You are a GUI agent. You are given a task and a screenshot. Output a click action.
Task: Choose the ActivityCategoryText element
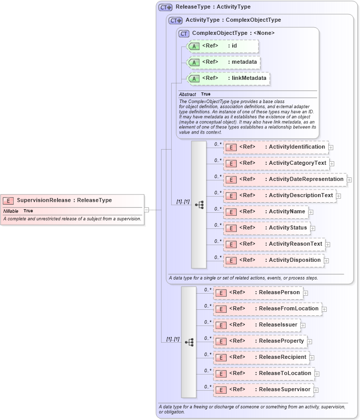276,163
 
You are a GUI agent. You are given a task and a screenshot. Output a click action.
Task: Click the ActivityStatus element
267,228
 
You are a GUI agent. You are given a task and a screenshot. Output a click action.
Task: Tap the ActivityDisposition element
273,260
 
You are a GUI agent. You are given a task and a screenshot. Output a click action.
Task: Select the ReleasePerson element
258,293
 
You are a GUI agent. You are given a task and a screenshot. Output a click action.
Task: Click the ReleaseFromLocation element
267,309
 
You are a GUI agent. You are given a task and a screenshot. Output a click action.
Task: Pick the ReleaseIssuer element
257,325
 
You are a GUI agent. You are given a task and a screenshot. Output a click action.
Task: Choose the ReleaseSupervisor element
263,390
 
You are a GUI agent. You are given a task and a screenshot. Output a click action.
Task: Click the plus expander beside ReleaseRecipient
312,357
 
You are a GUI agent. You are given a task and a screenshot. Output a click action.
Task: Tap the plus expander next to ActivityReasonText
328,245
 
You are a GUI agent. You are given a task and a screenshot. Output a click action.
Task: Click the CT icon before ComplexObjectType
184,33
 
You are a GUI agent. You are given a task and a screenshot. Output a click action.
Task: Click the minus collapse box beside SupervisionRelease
146,209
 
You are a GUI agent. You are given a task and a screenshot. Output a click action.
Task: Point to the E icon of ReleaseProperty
221,342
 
